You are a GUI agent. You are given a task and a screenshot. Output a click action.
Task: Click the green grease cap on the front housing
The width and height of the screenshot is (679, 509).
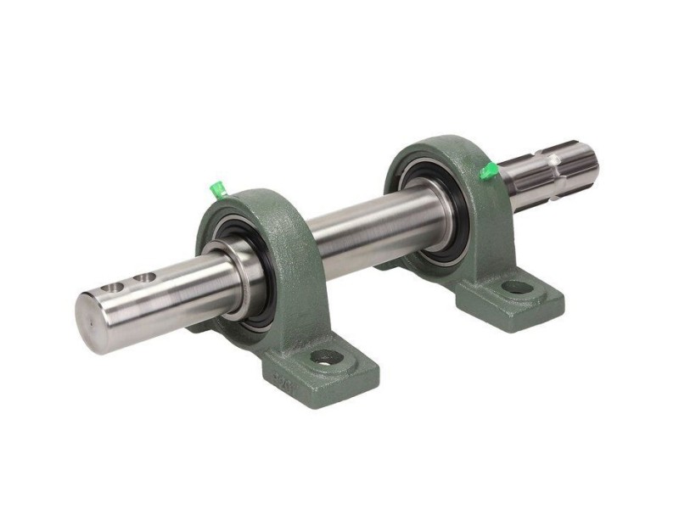coord(217,187)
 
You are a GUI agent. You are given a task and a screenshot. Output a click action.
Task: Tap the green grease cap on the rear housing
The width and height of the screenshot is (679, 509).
coord(487,171)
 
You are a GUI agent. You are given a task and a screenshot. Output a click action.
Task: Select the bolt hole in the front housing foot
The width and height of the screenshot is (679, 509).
coord(325,357)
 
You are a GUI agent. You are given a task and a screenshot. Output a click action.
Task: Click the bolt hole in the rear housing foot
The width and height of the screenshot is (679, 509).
coord(515,287)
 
